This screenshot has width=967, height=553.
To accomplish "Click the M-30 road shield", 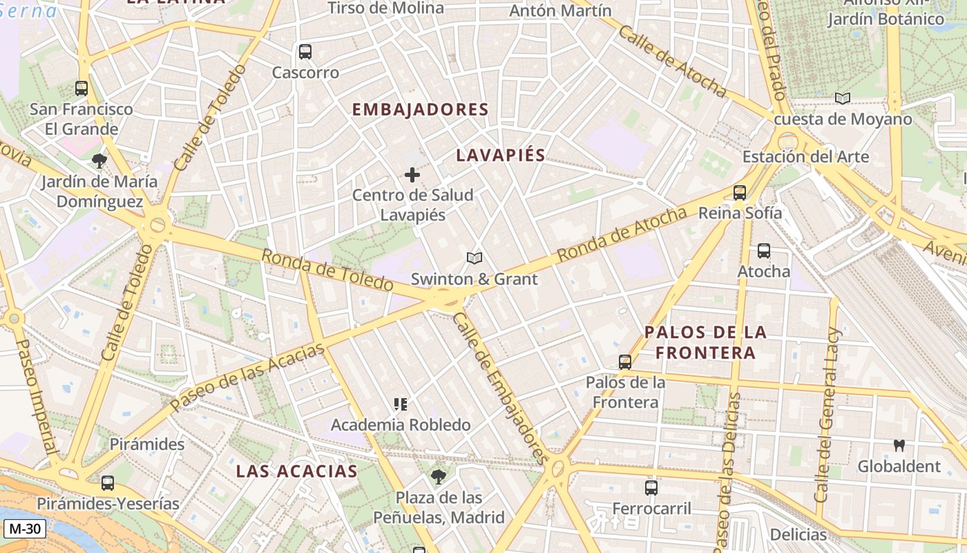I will tap(25, 529).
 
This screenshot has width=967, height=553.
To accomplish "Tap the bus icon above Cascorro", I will tap(305, 52).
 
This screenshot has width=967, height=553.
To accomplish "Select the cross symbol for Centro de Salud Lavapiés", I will tap(412, 175).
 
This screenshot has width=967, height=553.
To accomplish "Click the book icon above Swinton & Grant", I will tap(474, 259).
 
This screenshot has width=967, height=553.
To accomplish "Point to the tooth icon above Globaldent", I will tap(899, 446).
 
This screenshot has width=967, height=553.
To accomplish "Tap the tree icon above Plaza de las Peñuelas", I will tap(438, 476).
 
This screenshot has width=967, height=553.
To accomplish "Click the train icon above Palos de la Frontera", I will tap(625, 362).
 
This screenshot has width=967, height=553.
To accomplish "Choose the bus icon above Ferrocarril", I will tap(651, 488).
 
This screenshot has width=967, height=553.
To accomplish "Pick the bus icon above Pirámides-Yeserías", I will tap(108, 483).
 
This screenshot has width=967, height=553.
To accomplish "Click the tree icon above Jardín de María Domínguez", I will tap(99, 161).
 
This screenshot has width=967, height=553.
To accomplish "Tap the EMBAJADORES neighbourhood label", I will tap(420, 110).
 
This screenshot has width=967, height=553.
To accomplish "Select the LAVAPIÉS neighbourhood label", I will tap(501, 156).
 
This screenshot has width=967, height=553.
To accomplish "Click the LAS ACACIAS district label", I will tap(296, 471).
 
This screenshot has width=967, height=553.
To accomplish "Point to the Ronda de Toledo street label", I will tap(327, 270).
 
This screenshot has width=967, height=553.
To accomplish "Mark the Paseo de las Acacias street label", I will tap(247, 377).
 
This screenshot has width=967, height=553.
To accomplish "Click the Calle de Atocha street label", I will tap(672, 62).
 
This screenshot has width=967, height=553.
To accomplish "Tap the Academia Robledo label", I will tap(401, 425).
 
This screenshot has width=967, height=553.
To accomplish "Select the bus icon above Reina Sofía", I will tap(740, 193).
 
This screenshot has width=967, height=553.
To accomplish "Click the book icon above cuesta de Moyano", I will tap(843, 98).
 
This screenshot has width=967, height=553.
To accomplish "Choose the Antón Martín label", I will tap(560, 11).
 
